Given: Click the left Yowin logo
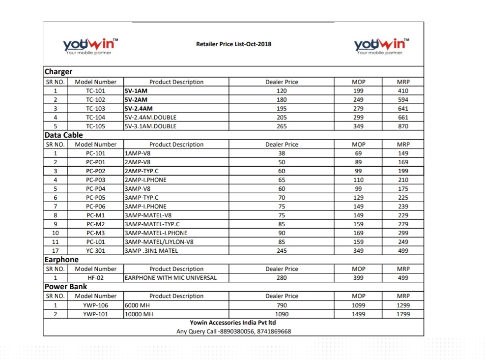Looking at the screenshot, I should click(x=91, y=46).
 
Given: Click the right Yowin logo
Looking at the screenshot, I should click(x=382, y=46).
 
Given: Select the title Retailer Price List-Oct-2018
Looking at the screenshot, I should click(x=233, y=44).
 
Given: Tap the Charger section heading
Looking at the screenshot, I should click(x=58, y=72).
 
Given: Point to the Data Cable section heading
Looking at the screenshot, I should click(x=64, y=135).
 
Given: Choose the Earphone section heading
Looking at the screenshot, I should click(x=61, y=260).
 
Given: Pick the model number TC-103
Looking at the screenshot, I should click(x=96, y=109).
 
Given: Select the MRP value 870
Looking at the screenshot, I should click(x=403, y=126).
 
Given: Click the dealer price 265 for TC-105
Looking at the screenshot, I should click(x=282, y=126).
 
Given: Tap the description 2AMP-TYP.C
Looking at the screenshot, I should click(x=142, y=171).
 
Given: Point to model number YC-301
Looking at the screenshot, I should click(x=96, y=251).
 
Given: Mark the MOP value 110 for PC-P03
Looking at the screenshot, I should click(x=359, y=180).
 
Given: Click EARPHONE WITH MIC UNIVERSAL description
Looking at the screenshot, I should click(x=171, y=278).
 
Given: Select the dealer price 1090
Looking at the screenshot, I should click(x=282, y=314).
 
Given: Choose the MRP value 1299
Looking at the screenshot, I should click(x=403, y=305).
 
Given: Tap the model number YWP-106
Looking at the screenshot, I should click(x=96, y=305).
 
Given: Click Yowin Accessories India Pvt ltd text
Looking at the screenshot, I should click(x=233, y=323).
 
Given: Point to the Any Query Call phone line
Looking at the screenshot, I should click(x=234, y=331).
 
